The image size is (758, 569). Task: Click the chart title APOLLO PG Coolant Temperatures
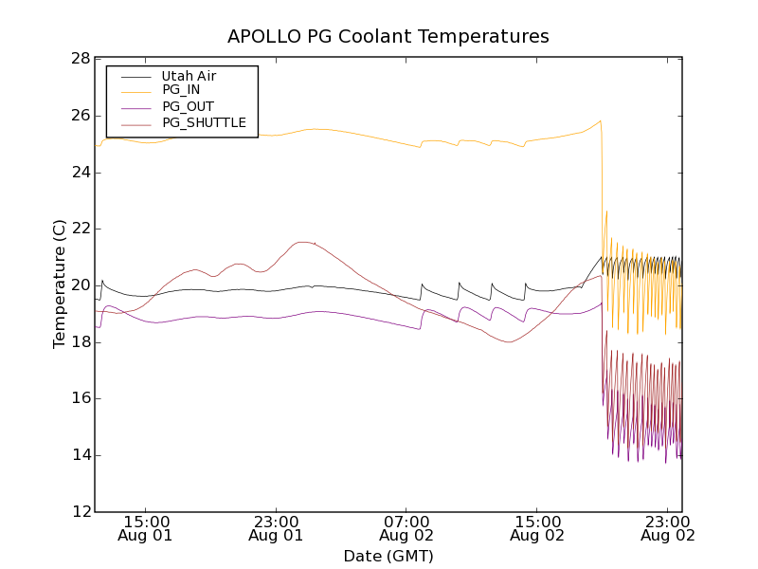tap(388, 37)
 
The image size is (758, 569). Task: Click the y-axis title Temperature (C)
tap(60, 284)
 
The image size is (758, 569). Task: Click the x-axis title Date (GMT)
tap(388, 556)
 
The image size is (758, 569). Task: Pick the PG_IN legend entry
tap(181, 90)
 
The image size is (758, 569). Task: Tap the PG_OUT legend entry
tap(188, 106)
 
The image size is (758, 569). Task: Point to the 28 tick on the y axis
tap(80, 59)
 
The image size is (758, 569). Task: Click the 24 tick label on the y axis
tap(80, 173)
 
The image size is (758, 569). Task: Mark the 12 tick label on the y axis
tap(80, 512)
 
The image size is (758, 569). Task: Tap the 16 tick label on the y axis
tap(80, 399)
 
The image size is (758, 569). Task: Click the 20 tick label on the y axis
tap(80, 285)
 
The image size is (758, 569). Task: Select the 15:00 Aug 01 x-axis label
tap(147, 528)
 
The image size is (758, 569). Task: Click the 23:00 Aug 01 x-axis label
tap(277, 528)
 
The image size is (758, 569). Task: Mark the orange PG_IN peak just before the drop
tap(601, 120)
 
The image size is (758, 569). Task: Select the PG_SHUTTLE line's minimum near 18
tap(509, 341)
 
